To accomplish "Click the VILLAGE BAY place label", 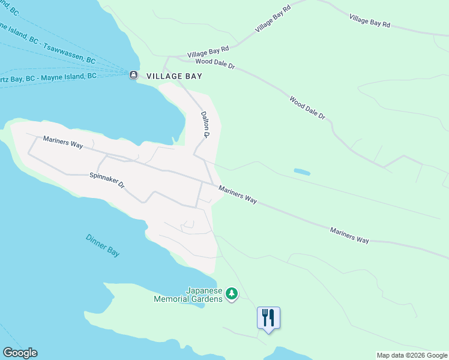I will point(174,76).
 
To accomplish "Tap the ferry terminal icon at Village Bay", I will point(133,75).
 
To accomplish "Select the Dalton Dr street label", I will point(205,124).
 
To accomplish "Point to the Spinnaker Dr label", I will point(106,179).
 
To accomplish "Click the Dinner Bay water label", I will point(102,245).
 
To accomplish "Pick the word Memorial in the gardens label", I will point(172,298).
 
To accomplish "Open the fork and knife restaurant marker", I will point(268,317).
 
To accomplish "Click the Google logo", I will point(20,353).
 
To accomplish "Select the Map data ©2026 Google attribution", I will point(411,355).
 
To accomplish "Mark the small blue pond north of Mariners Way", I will point(301,172).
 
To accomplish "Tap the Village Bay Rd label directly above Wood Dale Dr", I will point(208,51).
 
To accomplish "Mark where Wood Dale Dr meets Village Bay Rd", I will point(170,58).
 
